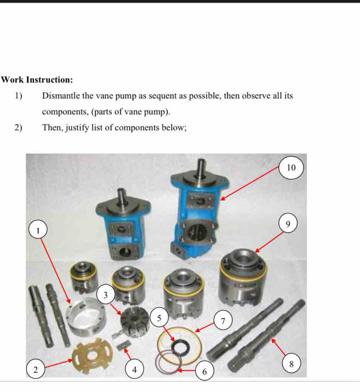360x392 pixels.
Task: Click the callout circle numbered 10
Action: (x=291, y=168)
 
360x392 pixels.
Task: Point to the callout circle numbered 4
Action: (x=134, y=369)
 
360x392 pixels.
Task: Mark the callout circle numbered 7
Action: (x=223, y=320)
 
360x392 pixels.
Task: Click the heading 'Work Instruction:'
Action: (x=37, y=80)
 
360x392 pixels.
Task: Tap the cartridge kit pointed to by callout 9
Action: (x=242, y=277)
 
